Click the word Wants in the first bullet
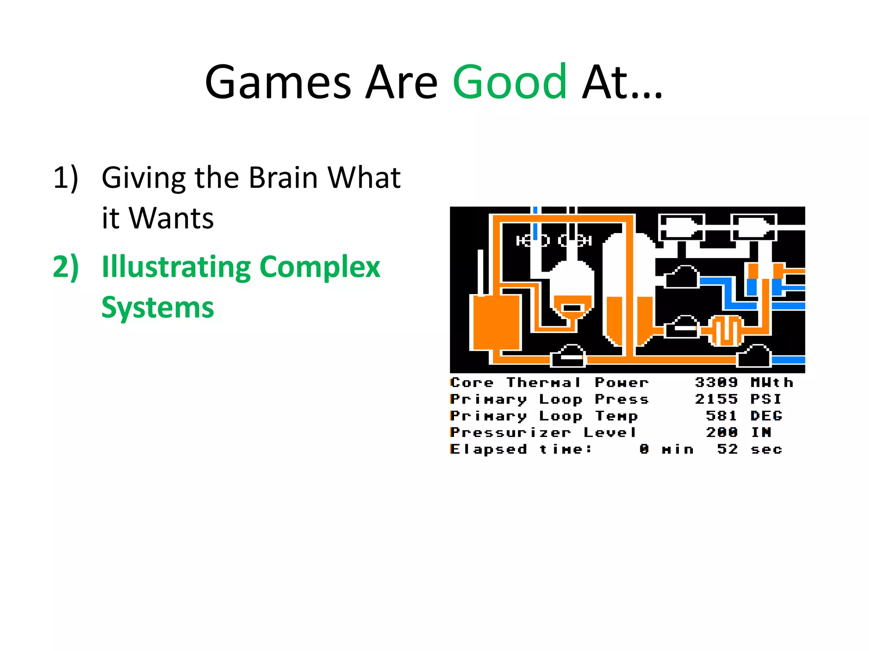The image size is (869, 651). (x=171, y=218)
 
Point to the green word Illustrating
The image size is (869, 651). (x=176, y=267)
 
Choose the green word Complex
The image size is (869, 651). (x=320, y=267)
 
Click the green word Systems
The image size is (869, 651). (x=157, y=307)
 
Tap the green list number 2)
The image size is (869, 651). (x=66, y=267)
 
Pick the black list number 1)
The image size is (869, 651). (x=66, y=178)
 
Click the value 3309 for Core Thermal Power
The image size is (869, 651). (x=716, y=382)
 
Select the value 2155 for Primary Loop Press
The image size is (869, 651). (x=716, y=399)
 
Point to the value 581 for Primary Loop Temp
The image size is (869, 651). (x=721, y=416)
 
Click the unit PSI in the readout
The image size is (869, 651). (x=766, y=399)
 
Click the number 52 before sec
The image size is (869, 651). (x=727, y=449)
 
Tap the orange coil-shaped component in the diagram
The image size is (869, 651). (x=726, y=330)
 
